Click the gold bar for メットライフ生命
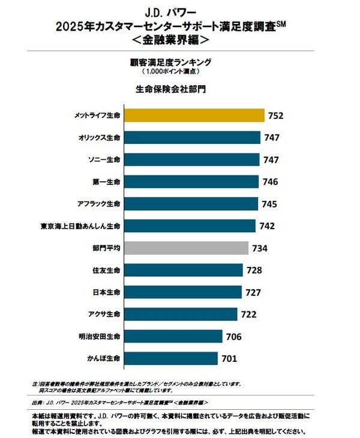[x=193, y=115]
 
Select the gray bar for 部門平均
[x=185, y=248]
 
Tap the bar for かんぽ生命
[x=170, y=358]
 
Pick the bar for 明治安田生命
[x=172, y=336]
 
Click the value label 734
[x=260, y=248]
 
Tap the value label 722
[x=249, y=314]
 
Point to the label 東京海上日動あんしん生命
[x=81, y=226]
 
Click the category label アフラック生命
[x=100, y=204]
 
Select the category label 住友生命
[x=108, y=270]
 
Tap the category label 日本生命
[x=108, y=292]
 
